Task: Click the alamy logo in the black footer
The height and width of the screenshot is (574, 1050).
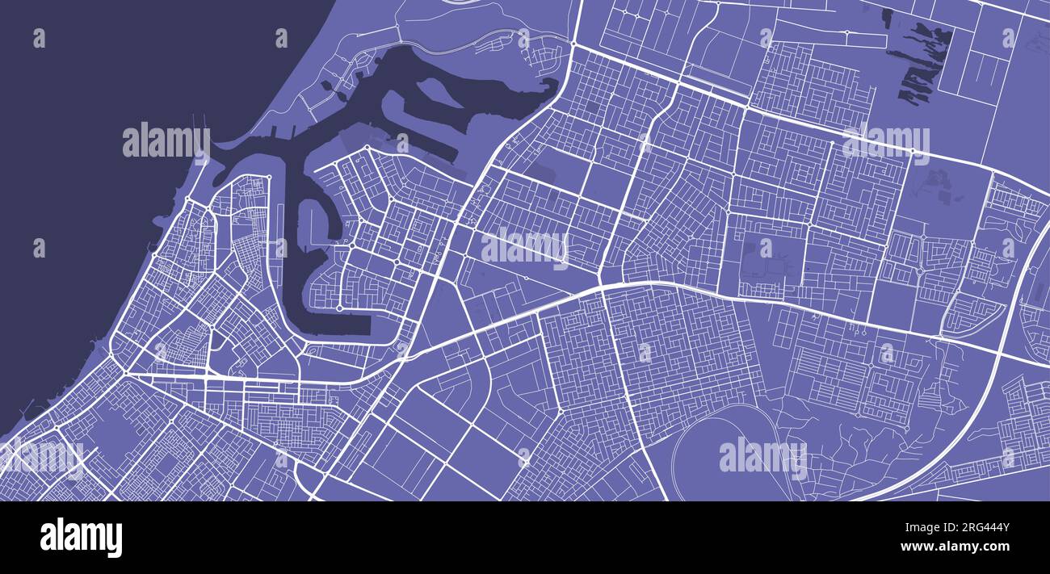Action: [x=81, y=538]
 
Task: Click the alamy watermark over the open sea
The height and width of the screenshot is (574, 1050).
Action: [x=166, y=142]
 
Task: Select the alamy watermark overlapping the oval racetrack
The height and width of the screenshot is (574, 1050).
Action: [x=762, y=456]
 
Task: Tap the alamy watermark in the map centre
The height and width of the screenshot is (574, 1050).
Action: [x=525, y=245]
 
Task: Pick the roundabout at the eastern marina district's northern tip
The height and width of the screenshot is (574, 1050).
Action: [x=367, y=149]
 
